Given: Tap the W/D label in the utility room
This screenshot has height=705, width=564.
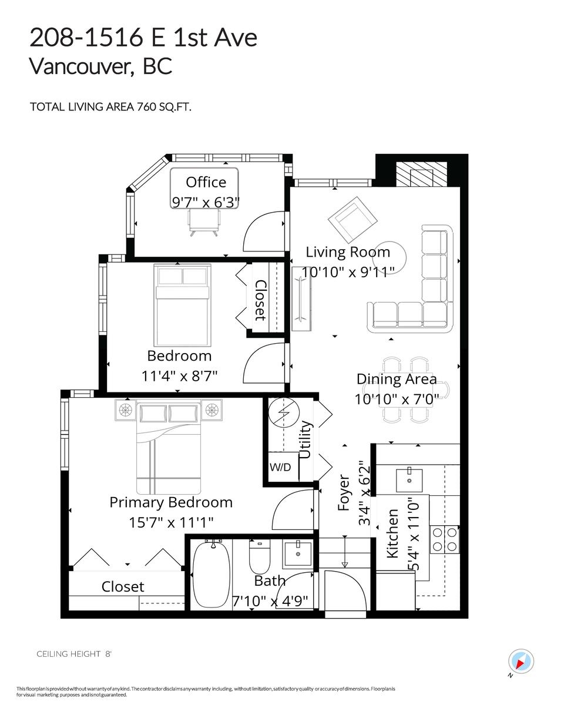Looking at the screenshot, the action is point(280,467).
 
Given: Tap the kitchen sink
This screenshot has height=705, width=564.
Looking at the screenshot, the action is point(409,479).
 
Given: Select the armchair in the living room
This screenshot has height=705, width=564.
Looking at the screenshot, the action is point(352,218).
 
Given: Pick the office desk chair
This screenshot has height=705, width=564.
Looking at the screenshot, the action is point(204,222).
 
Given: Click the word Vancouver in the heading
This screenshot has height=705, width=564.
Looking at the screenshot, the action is point(82,66).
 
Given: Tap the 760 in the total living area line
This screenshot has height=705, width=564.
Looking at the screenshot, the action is point(146,107).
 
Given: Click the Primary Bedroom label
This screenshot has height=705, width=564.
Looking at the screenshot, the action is point(171,502).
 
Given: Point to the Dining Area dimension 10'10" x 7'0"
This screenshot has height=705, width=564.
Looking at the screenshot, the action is point(397,399).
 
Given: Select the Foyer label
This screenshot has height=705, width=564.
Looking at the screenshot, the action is point(344,492).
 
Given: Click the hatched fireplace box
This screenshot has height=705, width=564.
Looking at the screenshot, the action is point(421,174).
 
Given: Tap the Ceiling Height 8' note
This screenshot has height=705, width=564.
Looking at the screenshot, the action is point(74,654).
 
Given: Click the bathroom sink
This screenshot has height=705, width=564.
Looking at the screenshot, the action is point(297,554).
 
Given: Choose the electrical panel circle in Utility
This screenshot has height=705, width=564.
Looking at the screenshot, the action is point(284,414).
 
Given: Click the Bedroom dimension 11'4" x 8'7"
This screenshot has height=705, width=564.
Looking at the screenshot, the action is point(180,376).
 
